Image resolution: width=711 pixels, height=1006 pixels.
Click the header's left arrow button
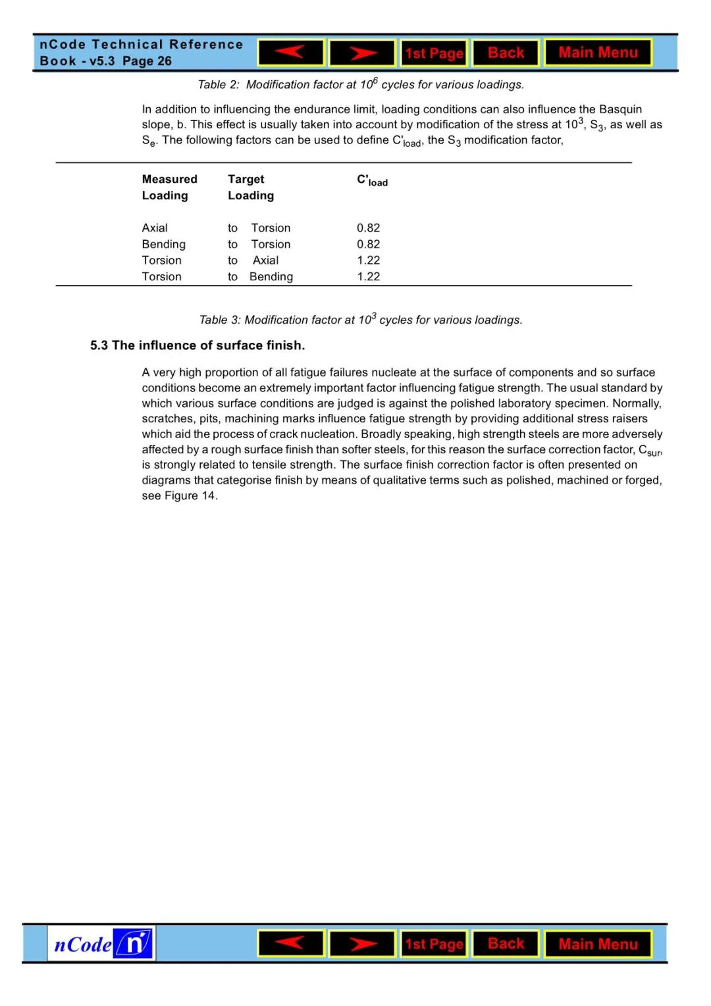click(290, 53)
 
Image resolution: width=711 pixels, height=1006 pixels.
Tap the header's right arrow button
click(362, 53)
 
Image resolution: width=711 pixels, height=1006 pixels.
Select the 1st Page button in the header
click(434, 53)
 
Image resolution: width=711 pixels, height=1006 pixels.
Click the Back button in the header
click(506, 53)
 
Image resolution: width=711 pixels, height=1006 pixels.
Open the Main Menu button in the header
click(598, 53)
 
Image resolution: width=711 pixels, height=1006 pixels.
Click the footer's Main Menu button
click(598, 944)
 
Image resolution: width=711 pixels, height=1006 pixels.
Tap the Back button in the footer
click(506, 944)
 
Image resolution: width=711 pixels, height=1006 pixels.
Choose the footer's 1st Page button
click(434, 944)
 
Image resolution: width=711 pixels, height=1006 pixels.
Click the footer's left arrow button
click(290, 944)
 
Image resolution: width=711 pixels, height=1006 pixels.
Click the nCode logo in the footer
click(101, 944)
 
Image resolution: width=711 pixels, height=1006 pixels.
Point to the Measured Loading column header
click(169, 187)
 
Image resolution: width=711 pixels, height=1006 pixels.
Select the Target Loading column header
click(250, 187)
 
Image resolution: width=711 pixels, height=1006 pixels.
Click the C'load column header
click(372, 180)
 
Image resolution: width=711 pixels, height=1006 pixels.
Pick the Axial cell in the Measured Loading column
click(155, 228)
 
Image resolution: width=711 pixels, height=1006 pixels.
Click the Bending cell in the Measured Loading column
click(163, 244)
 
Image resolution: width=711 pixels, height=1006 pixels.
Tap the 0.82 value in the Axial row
click(368, 228)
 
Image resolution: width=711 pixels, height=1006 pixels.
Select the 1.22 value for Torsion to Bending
click(368, 277)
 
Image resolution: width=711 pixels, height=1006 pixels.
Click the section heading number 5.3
click(99, 345)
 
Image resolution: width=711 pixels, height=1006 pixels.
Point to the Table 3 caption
click(361, 320)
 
